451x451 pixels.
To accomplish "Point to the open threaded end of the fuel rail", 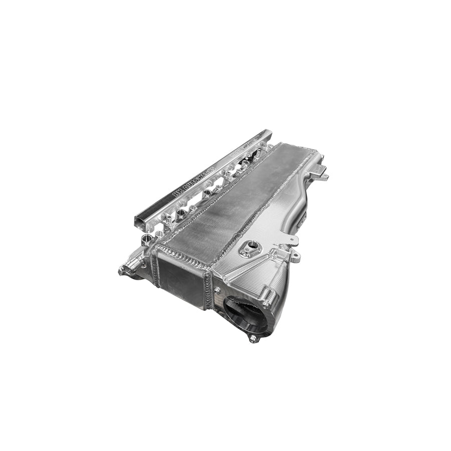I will [x=141, y=220].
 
